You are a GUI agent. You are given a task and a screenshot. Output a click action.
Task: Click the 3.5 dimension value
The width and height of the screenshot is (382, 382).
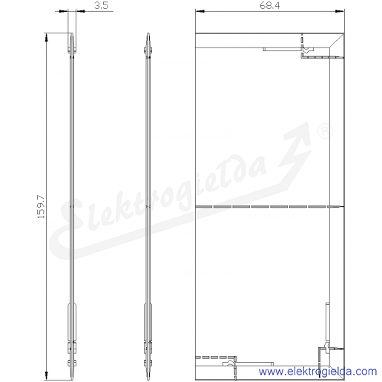click(101, 5)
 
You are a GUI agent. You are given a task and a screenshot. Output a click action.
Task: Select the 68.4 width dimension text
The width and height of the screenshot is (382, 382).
click(270, 5)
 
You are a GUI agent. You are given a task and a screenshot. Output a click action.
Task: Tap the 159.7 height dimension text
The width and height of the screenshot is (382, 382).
click(41, 207)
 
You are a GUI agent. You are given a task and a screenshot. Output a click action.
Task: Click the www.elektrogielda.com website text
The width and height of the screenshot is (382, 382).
click(317, 371)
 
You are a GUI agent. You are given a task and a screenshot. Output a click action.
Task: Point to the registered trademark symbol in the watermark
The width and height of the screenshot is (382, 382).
click(325, 131)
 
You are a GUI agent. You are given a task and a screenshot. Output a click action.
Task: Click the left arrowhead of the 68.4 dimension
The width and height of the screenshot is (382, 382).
click(200, 11)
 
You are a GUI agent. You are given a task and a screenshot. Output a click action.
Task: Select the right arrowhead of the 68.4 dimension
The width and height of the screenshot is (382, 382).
click(340, 11)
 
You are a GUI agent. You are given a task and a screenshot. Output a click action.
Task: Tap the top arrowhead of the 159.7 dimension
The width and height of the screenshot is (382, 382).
click(46, 38)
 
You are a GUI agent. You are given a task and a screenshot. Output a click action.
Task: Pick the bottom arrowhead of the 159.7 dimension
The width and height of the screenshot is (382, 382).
click(46, 375)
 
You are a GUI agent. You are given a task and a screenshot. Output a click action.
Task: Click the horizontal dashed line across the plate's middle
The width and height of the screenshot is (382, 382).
click(269, 206)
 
